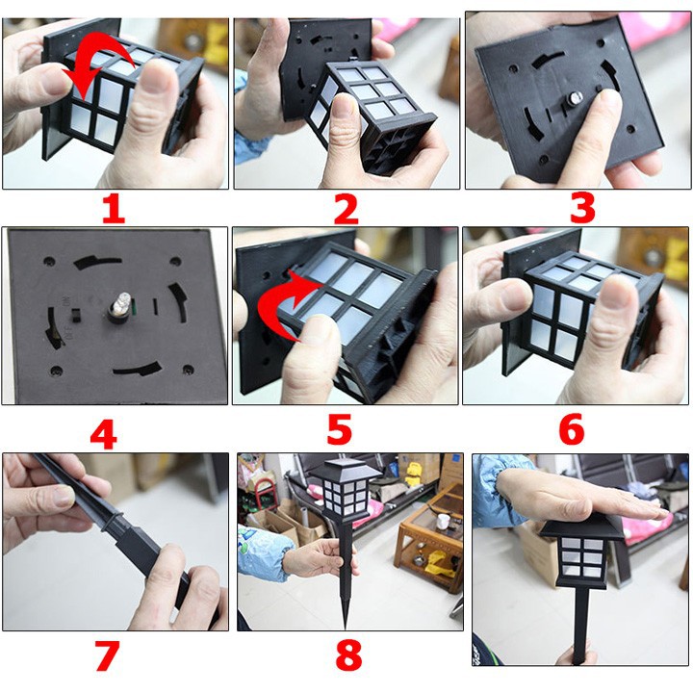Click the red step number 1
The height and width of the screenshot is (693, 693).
(x=114, y=209)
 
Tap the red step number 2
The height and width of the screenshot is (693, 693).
(x=346, y=210)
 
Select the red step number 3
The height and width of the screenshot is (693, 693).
(x=582, y=208)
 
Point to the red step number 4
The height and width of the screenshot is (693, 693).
(x=103, y=434)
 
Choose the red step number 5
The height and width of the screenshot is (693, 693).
(x=340, y=428)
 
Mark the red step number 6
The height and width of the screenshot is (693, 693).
(x=572, y=429)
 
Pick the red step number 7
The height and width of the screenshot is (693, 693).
(x=107, y=655)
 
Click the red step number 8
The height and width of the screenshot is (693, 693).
(x=348, y=655)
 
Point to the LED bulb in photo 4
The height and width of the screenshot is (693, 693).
(x=120, y=306)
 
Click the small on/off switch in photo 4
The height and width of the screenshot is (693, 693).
(x=76, y=314)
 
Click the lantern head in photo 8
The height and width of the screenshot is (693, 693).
(x=345, y=490)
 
